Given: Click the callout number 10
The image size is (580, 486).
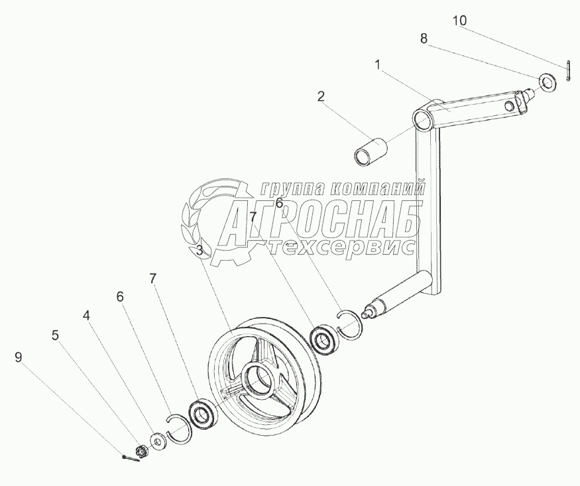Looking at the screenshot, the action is click(459, 21).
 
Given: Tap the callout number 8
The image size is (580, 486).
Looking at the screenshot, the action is click(424, 38).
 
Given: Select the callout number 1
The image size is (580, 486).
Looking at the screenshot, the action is click(377, 65).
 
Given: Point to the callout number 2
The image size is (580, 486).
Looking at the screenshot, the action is click(321, 97).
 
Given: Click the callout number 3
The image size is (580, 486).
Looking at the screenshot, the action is click(200, 251).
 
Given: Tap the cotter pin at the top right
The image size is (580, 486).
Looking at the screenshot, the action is click(569, 72).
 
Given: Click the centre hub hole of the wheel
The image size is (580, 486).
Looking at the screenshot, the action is click(259, 380).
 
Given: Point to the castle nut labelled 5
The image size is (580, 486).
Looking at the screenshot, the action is click(140, 452).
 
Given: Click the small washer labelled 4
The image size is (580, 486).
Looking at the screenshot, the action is click(158, 440).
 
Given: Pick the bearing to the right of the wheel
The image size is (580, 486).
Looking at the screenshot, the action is click(324, 339).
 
